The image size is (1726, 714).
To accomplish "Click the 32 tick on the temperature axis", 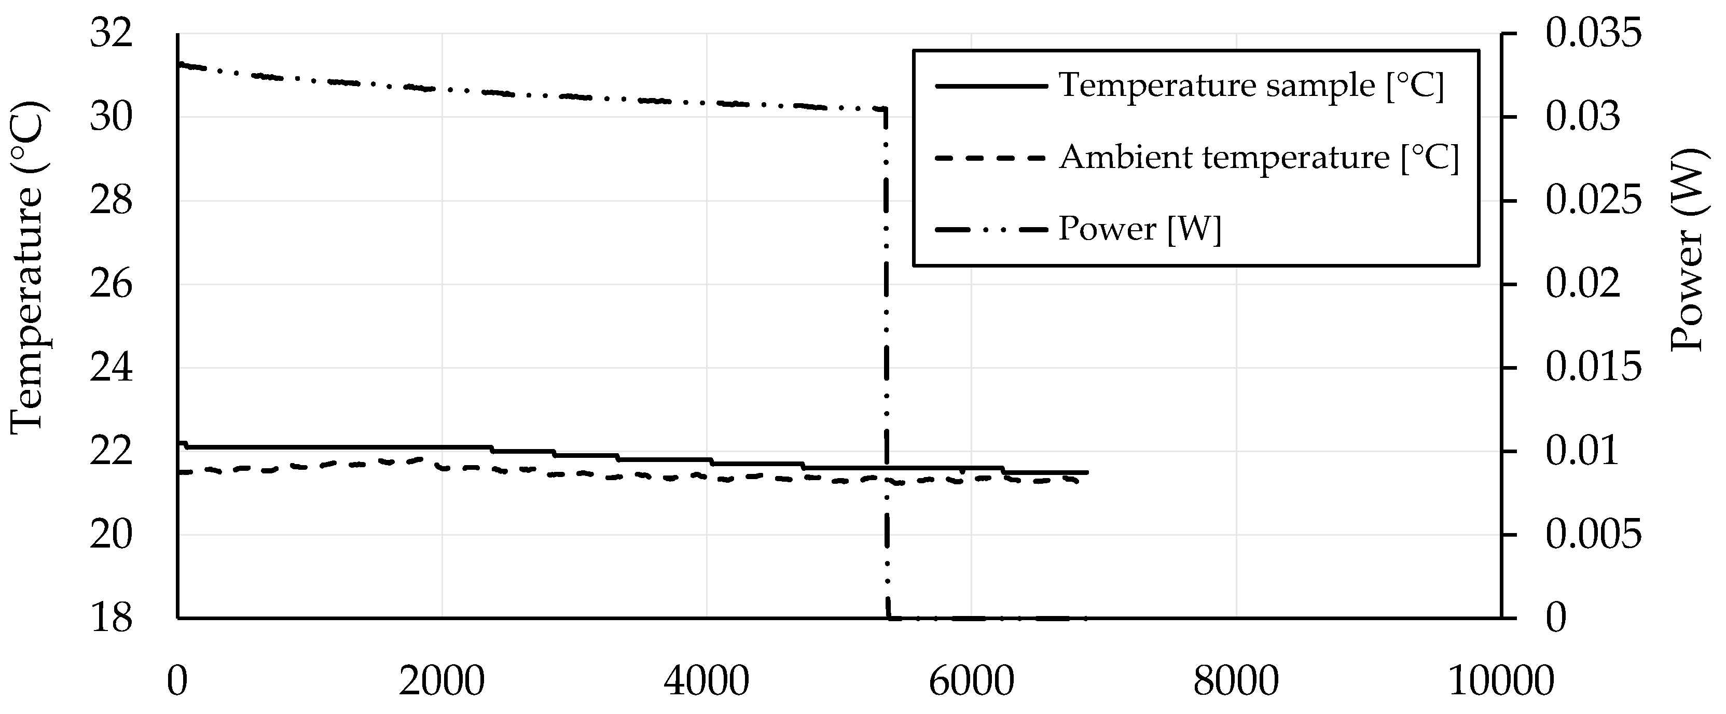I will point(111,34).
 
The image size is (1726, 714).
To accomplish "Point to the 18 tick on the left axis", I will point(111,618).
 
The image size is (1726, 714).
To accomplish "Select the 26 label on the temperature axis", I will point(111,285).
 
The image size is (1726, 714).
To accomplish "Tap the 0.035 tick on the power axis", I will point(1593,34).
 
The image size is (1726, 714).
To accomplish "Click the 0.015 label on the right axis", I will point(1593,368).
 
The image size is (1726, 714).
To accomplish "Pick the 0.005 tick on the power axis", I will point(1593,535).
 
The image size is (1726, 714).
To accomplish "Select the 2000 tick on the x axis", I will point(441,682).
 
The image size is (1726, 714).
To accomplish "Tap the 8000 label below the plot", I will point(1236,682).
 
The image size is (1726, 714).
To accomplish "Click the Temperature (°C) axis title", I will point(27,268).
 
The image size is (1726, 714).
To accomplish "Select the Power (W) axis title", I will point(1686,249).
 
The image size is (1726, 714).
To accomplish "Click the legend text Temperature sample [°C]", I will point(1250,86).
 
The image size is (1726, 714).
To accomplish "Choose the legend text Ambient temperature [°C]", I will point(1259,158).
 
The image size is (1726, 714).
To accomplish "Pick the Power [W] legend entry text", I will point(1140,229).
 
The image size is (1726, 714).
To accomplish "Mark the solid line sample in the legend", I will point(990,86).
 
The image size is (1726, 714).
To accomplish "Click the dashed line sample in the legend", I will point(990,158).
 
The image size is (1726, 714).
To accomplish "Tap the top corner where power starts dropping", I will point(886,108).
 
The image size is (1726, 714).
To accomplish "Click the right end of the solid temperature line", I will point(1087,472).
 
